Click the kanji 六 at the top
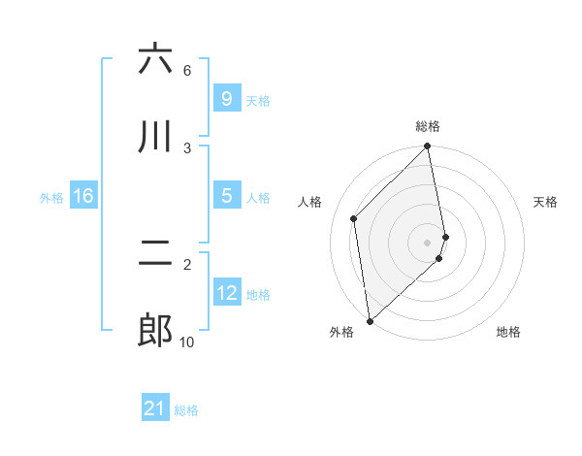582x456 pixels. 155,59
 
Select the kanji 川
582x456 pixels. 155,137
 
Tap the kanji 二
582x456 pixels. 155,253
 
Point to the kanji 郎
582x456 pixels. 155,331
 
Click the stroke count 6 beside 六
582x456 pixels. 186,70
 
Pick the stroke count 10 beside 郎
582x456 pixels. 186,342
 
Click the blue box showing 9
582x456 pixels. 226,98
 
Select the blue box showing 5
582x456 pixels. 226,195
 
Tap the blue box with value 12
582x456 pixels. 226,292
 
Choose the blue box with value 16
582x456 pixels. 82,196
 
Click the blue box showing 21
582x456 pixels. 155,408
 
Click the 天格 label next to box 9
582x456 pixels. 258,101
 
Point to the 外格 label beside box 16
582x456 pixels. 51,198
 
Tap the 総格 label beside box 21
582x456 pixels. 186,411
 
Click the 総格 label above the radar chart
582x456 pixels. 428,126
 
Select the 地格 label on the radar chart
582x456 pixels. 508,332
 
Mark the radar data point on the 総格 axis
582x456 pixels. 428,147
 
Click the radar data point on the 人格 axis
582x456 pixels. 354,218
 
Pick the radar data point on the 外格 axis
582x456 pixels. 370,321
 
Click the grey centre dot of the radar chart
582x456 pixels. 428,242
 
